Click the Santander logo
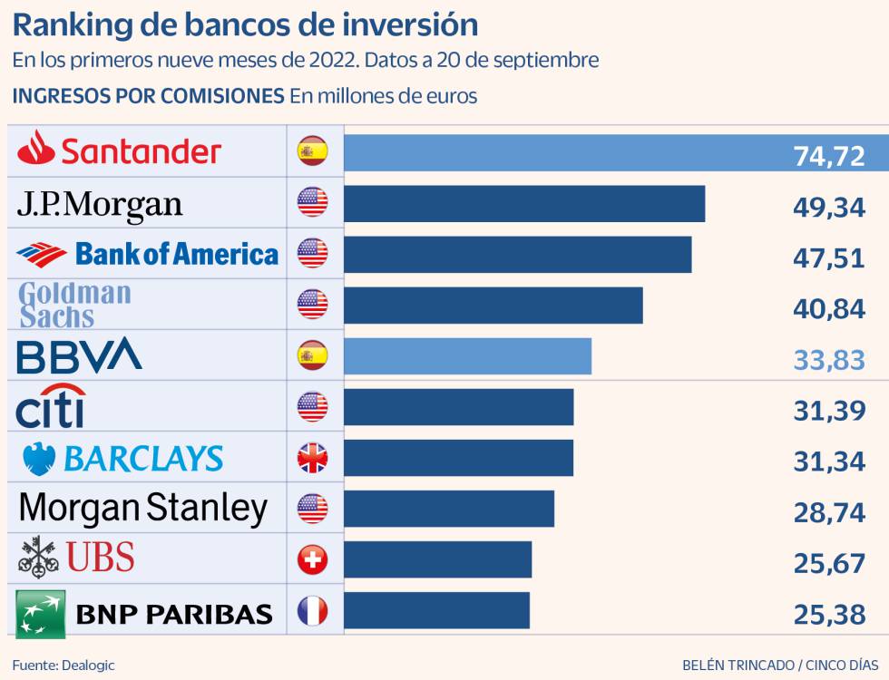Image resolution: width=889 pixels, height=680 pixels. [119, 151]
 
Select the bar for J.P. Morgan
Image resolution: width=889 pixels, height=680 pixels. [524, 203]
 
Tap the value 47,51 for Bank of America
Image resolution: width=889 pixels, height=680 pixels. [829, 257]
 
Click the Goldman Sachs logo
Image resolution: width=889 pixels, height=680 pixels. [75, 305]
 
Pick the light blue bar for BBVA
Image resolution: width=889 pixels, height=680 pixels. [467, 356]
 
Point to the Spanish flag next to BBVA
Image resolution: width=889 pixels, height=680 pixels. [312, 356]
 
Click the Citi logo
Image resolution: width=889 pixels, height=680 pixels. [51, 406]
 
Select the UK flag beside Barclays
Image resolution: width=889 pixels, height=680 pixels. [312, 459]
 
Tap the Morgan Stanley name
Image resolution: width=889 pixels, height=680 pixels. [142, 509]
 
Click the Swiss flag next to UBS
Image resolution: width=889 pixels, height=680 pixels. [312, 560]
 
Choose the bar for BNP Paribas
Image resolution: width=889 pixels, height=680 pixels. [436, 611]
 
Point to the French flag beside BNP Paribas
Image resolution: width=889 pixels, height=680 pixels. [312, 611]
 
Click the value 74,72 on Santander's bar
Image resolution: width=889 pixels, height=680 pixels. [829, 156]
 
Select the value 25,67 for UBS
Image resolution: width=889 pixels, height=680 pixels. [829, 564]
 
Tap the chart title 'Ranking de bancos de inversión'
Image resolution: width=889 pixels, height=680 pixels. [245, 24]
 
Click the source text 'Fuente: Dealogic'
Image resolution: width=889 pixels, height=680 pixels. [63, 665]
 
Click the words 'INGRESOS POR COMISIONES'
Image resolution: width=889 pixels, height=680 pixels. [148, 95]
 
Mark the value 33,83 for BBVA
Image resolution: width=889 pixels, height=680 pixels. [829, 361]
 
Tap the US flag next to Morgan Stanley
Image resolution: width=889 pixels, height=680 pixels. [312, 510]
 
